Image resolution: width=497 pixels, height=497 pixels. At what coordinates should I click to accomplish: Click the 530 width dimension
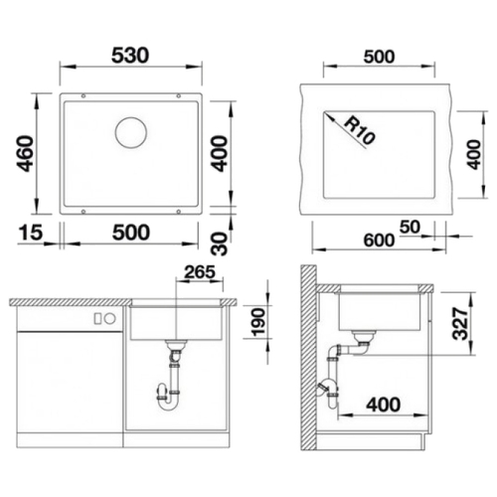130,56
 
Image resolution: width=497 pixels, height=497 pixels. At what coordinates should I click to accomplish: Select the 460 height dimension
25,153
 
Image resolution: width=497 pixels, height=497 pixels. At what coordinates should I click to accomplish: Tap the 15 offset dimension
31,232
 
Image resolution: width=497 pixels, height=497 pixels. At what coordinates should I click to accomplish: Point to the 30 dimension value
220,244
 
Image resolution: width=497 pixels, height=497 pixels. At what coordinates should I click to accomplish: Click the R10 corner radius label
359,131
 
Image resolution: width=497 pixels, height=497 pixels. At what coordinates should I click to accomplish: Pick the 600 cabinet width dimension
379,240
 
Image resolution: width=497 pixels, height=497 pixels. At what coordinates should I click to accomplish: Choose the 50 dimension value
410,227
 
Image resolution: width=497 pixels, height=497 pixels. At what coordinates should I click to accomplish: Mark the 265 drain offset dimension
200,272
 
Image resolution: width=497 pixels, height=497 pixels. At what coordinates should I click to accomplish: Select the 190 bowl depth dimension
258,322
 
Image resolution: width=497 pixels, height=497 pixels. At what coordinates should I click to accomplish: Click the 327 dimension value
460,323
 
